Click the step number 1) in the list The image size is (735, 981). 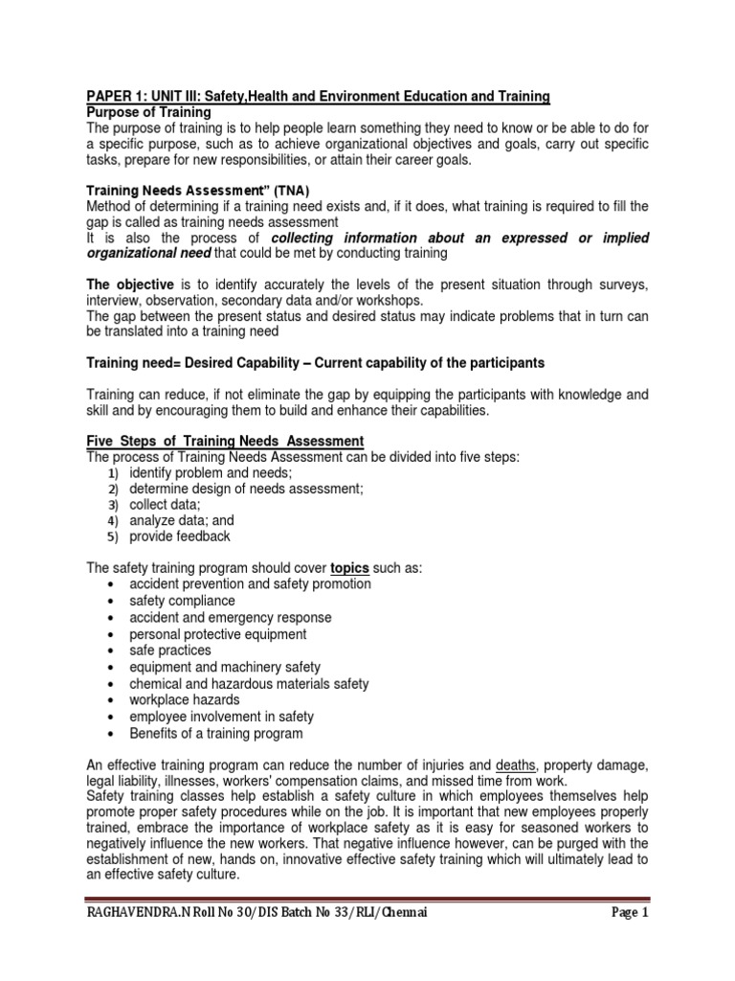[112, 472]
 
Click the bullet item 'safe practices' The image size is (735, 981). [170, 650]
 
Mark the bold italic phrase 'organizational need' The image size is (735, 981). [146, 254]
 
